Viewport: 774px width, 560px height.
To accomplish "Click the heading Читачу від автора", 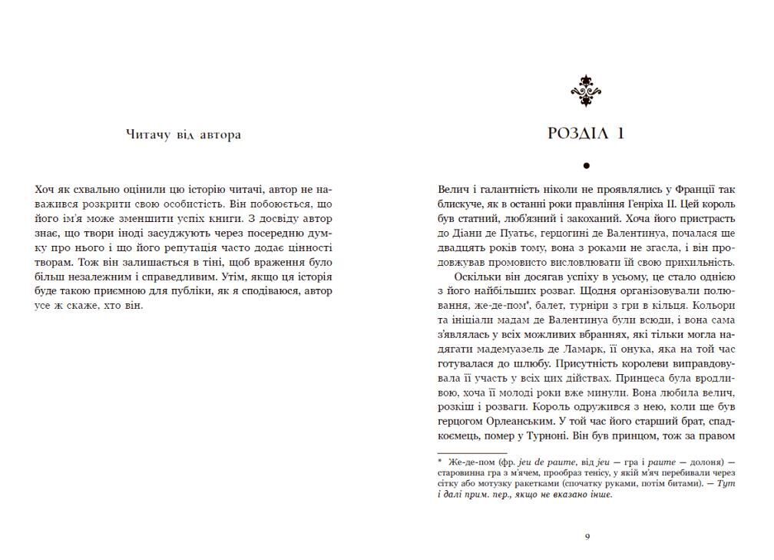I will coord(183,135).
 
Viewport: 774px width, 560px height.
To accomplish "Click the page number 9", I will coord(587,536).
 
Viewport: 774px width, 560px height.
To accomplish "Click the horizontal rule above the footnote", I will coord(471,453).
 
